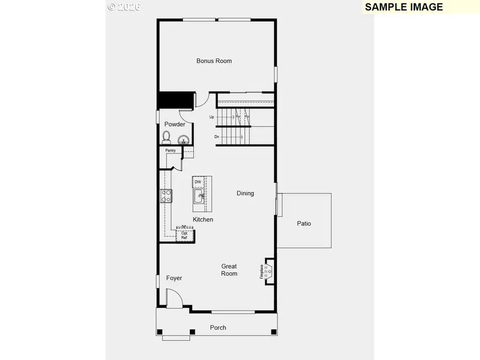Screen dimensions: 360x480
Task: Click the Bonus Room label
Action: (214, 61)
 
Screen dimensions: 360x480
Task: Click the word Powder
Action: (174, 124)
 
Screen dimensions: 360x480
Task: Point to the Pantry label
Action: (170, 151)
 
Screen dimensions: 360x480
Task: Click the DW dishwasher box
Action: (198, 182)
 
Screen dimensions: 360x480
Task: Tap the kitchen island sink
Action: (198, 198)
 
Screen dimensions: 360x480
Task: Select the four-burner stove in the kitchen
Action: (166, 196)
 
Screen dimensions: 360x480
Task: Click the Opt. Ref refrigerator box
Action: (185, 235)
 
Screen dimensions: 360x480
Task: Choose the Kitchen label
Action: (203, 220)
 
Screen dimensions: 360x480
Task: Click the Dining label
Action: (245, 193)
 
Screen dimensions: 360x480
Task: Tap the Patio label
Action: (304, 223)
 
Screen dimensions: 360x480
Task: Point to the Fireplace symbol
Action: (268, 271)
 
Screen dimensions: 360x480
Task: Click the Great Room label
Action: (229, 270)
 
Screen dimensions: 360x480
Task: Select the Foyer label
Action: (174, 278)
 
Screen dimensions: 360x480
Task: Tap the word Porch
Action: (218, 327)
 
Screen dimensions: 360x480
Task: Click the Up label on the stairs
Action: (212, 117)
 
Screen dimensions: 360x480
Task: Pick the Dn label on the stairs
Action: (217, 137)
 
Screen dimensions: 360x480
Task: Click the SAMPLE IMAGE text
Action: (404, 7)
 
